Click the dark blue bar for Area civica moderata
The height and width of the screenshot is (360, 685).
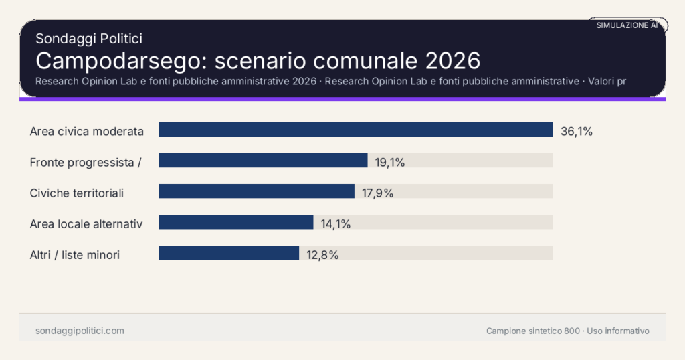pos(355,130)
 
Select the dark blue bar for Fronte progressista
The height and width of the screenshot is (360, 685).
pos(263,161)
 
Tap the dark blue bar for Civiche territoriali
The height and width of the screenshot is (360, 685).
pos(256,191)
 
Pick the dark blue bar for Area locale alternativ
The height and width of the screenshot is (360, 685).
pos(235,222)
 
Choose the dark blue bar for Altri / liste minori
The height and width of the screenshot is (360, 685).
pos(228,253)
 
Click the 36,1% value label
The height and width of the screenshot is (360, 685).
pos(576,131)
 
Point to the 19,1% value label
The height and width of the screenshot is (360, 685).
pos(390,162)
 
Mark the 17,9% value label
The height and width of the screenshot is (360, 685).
pos(377,193)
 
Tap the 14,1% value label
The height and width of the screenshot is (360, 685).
pos(336,223)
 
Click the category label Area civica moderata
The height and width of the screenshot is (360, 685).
pos(87,131)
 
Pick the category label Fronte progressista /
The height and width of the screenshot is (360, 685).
pos(86,162)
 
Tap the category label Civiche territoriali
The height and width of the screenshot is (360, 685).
pos(77,193)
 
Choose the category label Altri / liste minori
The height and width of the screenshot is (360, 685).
pos(75,254)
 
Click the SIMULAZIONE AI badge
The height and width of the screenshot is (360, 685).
pos(627,25)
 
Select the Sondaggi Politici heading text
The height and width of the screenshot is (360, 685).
pos(88,39)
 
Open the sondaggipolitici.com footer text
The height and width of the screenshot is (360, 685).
pos(80,331)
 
